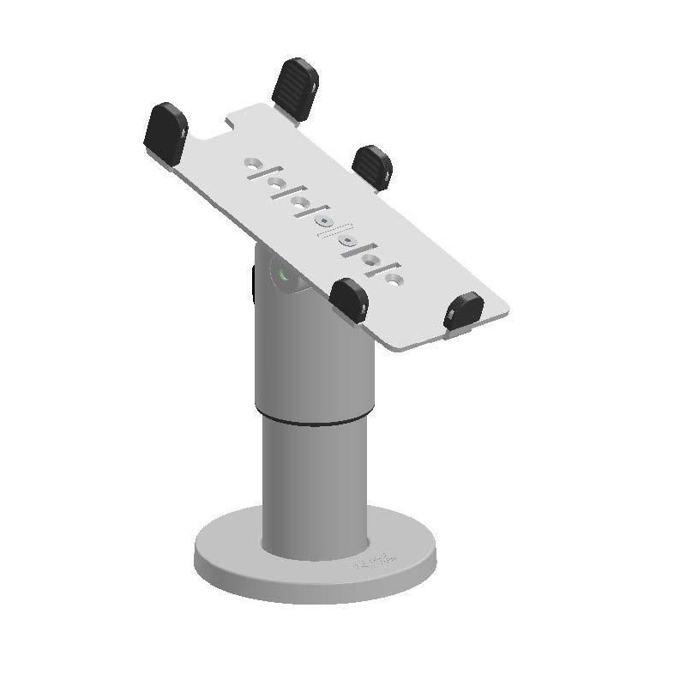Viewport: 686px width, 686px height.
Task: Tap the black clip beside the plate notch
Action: coord(166,132)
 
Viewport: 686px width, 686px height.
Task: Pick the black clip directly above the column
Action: coord(349,300)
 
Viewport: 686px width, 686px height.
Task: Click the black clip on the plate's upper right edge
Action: coord(372,166)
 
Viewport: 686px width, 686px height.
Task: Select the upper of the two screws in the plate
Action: coord(324,221)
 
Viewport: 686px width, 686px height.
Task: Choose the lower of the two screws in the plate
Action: coord(348,242)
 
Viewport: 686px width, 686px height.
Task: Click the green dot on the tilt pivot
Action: coord(283,276)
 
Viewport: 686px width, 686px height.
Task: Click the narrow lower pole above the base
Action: coord(315,489)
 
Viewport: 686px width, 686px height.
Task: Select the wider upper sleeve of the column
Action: coord(316,360)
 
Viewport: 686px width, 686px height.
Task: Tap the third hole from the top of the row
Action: coord(300,202)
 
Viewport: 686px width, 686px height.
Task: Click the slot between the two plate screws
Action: coord(336,232)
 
